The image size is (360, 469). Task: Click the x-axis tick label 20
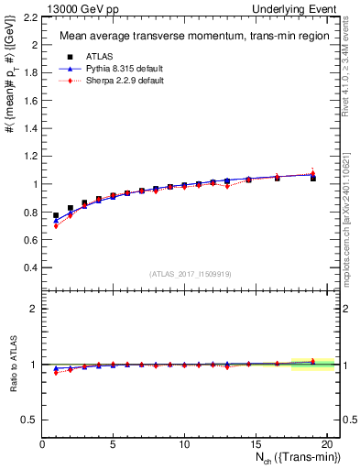pos(326,445)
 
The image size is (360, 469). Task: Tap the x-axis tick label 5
pos(114,445)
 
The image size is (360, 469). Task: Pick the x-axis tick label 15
pos(256,445)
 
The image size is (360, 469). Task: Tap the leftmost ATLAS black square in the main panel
pos(57,215)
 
